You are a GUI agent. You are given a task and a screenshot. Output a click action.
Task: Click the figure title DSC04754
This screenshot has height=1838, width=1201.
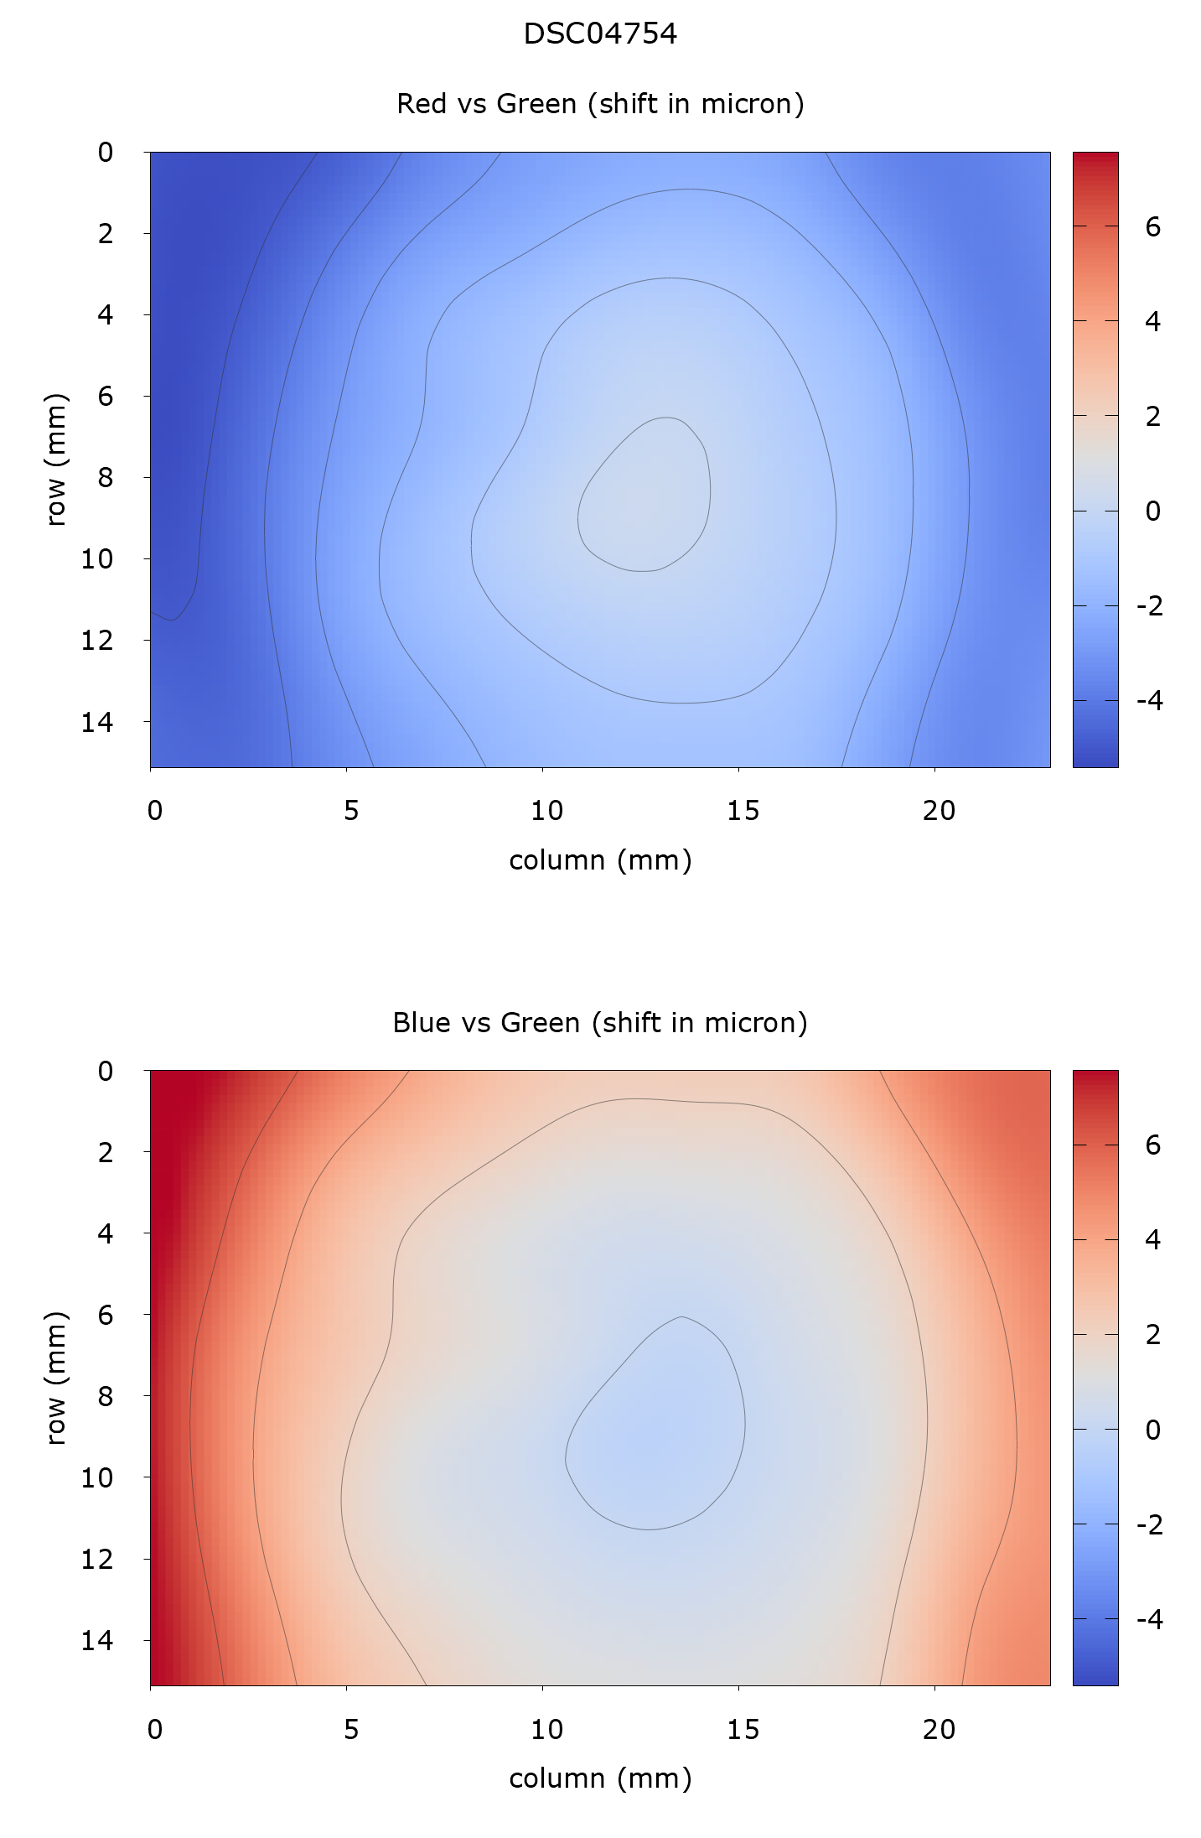pos(600,34)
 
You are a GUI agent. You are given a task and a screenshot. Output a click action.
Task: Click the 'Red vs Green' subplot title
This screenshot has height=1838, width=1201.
pos(600,104)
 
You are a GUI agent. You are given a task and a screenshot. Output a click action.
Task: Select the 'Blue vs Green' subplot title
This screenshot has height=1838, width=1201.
pos(600,1023)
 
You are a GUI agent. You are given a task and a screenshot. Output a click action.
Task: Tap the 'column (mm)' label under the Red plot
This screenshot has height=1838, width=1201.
pos(600,860)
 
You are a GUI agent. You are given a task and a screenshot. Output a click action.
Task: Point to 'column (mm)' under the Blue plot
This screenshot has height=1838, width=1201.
pos(600,1778)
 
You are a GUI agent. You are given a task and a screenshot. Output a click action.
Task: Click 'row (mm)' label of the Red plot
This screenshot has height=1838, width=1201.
pos(55,459)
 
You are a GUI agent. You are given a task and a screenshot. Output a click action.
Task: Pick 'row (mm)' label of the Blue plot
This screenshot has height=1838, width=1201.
pos(55,1378)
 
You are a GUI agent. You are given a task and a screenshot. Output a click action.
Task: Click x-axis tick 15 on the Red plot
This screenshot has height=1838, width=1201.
pos(743,811)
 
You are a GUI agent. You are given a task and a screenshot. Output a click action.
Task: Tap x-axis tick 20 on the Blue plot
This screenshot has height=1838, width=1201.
pos(939,1729)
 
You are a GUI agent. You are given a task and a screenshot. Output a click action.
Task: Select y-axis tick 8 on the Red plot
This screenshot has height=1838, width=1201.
pos(106,477)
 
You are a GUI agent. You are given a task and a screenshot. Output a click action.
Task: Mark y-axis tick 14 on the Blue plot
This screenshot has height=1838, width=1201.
pos(97,1640)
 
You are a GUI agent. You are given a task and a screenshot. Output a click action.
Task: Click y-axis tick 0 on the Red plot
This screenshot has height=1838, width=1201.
pos(106,153)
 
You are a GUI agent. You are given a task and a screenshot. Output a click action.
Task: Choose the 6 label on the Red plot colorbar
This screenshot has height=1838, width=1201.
pos(1152,226)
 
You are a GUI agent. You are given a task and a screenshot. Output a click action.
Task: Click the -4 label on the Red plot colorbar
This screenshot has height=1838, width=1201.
pos(1149,700)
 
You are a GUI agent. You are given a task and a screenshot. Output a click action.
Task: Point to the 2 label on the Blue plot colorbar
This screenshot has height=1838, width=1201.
pos(1152,1334)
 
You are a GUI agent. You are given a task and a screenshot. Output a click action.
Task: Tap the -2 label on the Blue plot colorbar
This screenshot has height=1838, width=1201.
pos(1149,1524)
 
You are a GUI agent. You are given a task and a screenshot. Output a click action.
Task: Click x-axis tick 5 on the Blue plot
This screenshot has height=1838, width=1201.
pos(350,1729)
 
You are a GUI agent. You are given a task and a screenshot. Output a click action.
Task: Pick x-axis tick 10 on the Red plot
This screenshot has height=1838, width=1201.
pos(546,811)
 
